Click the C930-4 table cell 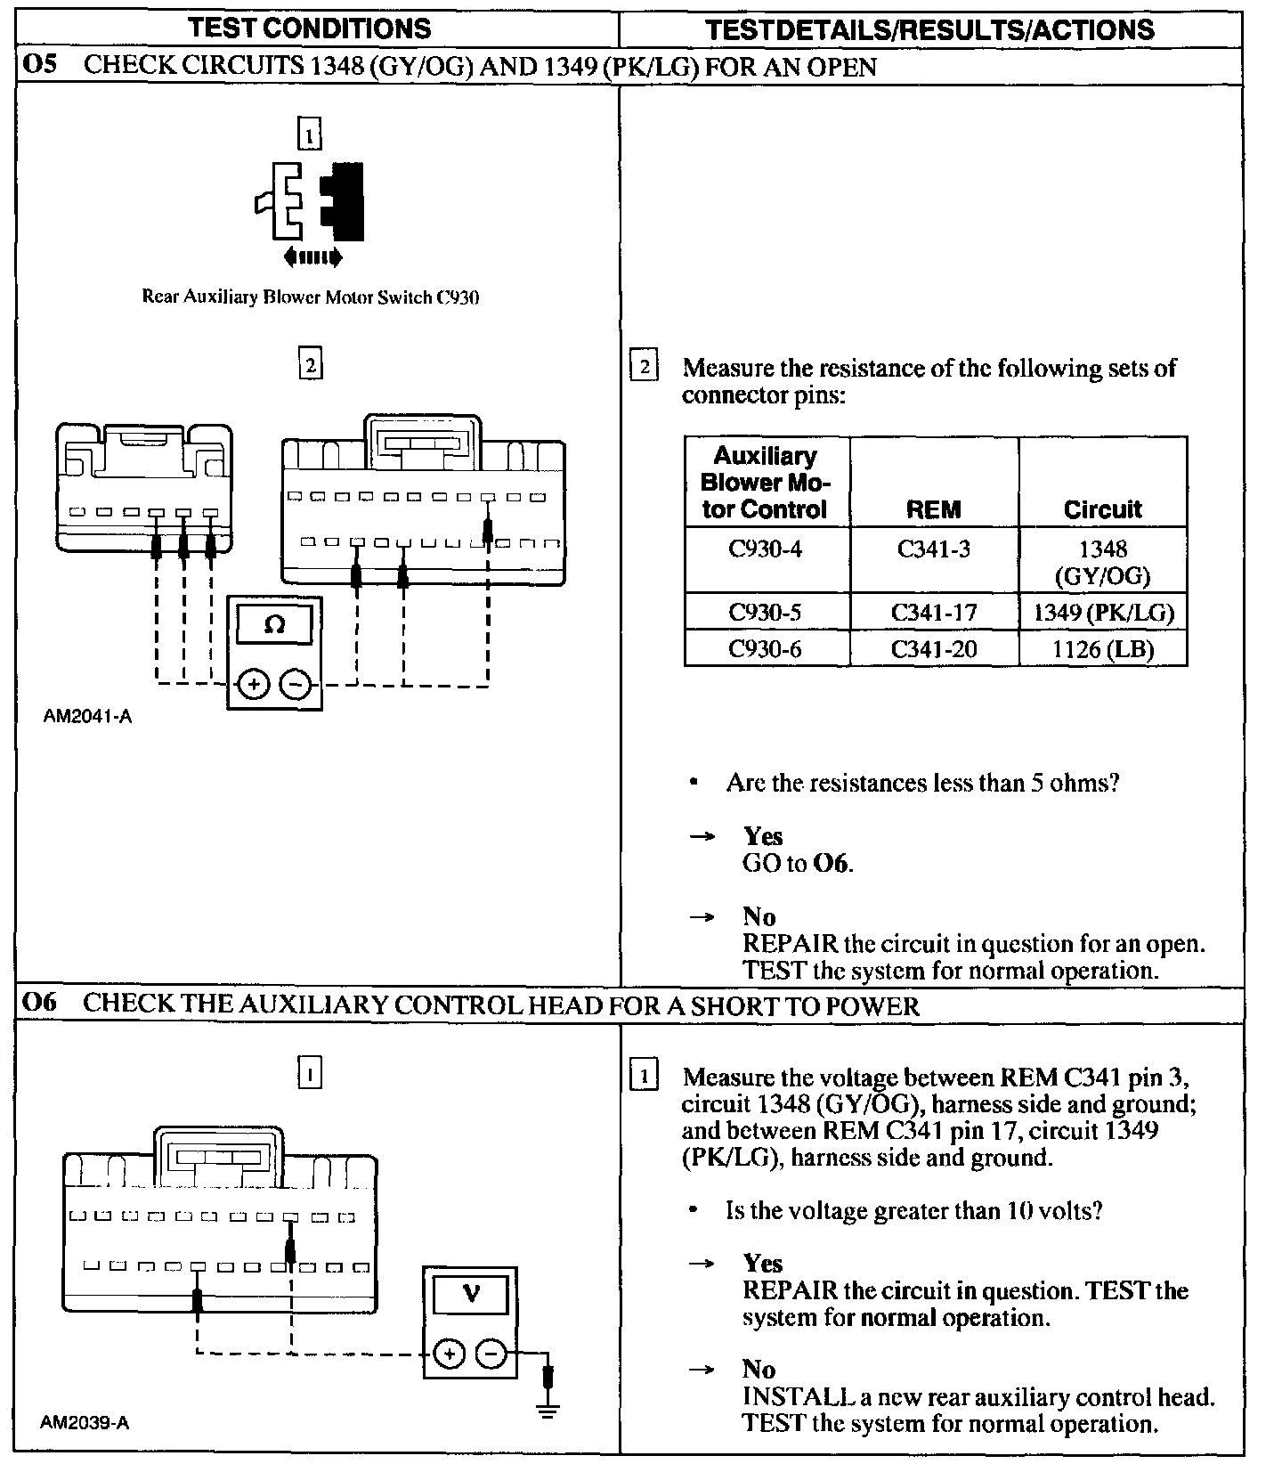coord(765,549)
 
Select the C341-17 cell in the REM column coord(933,613)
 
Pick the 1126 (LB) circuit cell coord(1102,649)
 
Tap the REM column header coord(933,509)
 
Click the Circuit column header coord(1102,509)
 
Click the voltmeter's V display coord(470,1293)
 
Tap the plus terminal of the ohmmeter coord(254,685)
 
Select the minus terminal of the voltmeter coord(491,1354)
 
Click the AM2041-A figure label coord(87,716)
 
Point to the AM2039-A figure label coord(85,1422)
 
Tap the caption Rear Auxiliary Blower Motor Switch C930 coord(311,297)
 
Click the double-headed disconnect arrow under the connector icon coord(312,258)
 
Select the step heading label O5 coord(39,67)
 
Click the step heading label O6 coord(39,1004)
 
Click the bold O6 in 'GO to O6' coord(832,863)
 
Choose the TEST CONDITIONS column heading coord(311,28)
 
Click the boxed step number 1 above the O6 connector coord(309,1074)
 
